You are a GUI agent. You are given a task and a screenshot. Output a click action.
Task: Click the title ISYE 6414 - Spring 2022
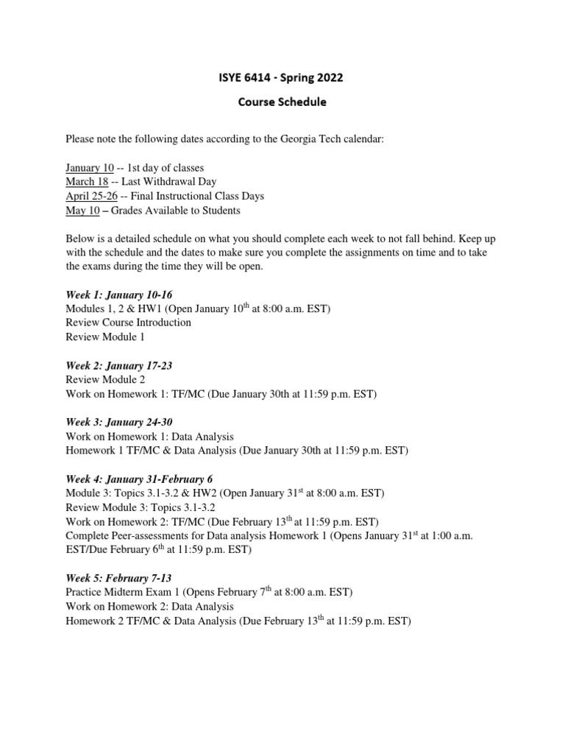[282, 77]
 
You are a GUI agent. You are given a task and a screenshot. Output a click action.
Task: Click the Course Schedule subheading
[282, 102]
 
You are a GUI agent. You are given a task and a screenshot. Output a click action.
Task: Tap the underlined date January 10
[90, 168]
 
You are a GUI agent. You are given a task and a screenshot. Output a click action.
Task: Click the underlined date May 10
[82, 211]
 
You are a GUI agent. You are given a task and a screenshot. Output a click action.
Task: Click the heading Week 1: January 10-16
[119, 295]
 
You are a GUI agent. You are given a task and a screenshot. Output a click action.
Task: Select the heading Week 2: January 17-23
[119, 365]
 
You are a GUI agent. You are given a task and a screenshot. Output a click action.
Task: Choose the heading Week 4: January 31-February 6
[139, 479]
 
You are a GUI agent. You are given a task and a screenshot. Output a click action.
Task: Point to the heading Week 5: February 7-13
[118, 577]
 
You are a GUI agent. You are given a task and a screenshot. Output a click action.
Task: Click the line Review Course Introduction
[129, 323]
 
